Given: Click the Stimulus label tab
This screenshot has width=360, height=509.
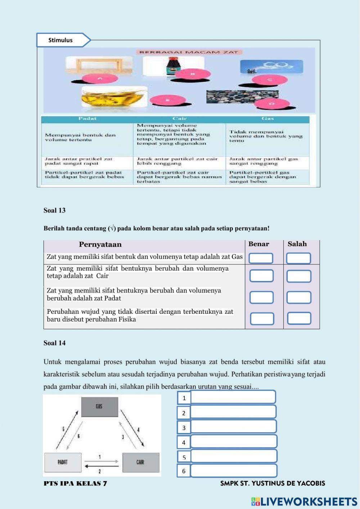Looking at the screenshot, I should coord(61,40).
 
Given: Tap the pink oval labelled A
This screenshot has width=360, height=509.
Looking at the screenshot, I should coord(100,79).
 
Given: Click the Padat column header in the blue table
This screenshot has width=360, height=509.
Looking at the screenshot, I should coord(87,119).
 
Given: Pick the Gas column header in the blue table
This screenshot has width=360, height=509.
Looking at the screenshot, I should coord(267,119).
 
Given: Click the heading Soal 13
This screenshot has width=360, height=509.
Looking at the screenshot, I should coord(54,210).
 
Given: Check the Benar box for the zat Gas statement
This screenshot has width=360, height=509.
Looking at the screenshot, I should coord(261,258).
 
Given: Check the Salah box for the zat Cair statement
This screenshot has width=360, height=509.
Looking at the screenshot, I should coord(299,276).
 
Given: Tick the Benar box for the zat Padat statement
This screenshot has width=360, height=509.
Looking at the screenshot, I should coord(261,298).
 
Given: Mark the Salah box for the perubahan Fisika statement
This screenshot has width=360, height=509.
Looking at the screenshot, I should coord(299,318).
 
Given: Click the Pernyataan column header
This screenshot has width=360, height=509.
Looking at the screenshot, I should coord(100,245).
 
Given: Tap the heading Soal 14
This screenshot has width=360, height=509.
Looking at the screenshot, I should coord(54,343).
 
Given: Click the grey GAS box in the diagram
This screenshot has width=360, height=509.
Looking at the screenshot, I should coord(100,407).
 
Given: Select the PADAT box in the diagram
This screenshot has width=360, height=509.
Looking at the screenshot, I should coord(63,462).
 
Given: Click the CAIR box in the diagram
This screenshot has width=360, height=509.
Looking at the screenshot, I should coord(141,462).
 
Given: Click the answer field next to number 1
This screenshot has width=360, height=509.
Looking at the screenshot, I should coord(233,397).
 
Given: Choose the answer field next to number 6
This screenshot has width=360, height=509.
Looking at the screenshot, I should coord(234,470).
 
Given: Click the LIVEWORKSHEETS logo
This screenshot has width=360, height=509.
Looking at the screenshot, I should coord(304,501).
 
